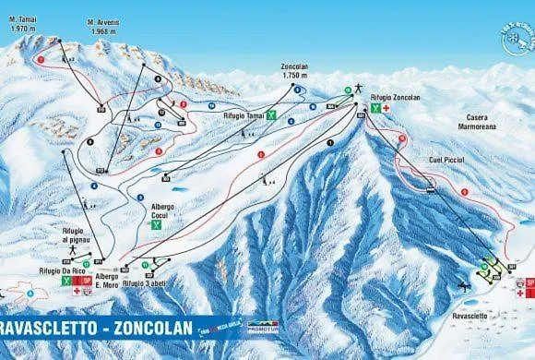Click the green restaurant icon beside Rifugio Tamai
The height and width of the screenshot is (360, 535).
coord(271,116)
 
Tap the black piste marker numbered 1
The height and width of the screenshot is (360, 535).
coord(329,141)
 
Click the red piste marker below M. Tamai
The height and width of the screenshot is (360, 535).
coord(40,58)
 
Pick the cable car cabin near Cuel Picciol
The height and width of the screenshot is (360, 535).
coord(430,191)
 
